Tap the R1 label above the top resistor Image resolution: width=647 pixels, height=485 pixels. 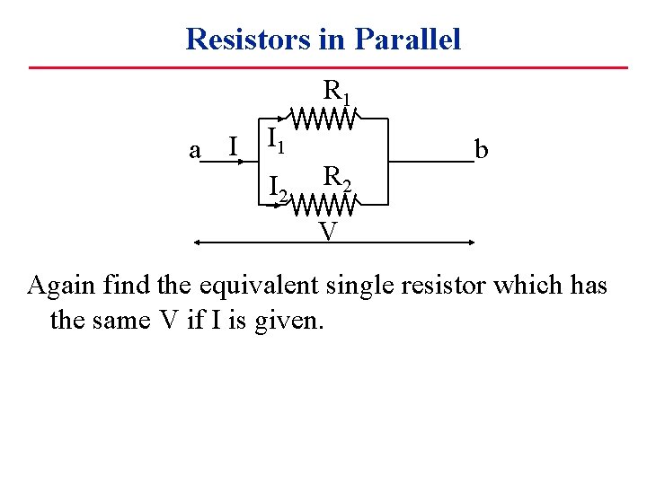pyautogui.click(x=337, y=91)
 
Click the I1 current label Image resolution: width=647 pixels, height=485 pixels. pyautogui.click(x=276, y=139)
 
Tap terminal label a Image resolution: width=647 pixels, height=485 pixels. pyautogui.click(x=195, y=149)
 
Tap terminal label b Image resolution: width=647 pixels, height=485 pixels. pyautogui.click(x=482, y=149)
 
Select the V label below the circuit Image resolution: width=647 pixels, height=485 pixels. pyautogui.click(x=328, y=232)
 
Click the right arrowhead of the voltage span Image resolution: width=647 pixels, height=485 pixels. pyautogui.click(x=470, y=242)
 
